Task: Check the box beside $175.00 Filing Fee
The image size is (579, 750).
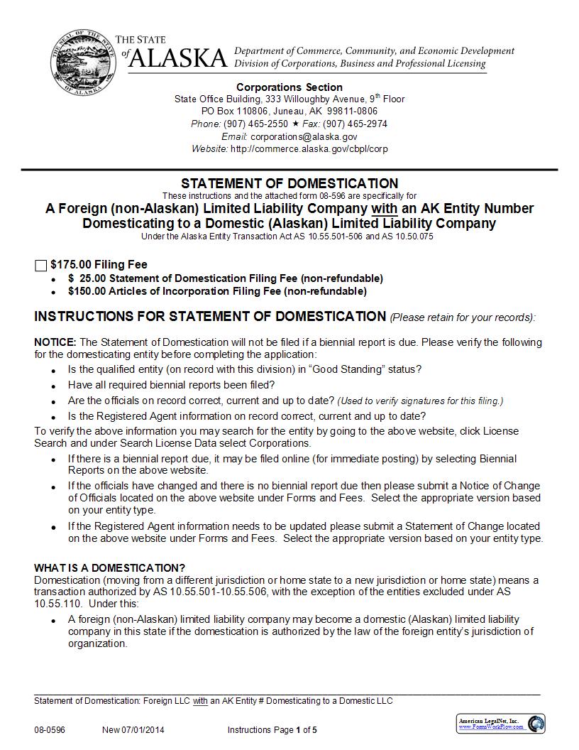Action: tap(40, 266)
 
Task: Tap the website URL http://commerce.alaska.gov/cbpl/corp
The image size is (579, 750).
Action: tap(309, 149)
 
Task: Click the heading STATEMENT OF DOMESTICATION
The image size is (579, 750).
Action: tap(289, 183)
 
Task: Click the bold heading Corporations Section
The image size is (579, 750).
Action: tap(289, 87)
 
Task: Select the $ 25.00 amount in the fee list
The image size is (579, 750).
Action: tap(86, 278)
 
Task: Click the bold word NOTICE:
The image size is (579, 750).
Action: tap(55, 342)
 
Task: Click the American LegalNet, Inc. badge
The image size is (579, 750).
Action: tap(500, 724)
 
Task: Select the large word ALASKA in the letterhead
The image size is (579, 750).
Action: tap(178, 58)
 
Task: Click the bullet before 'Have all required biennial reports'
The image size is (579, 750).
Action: tap(54, 386)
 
